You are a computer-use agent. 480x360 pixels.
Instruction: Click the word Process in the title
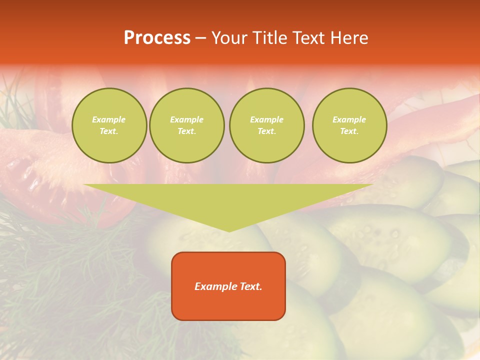click(157, 38)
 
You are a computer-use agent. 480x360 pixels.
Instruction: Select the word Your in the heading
click(230, 38)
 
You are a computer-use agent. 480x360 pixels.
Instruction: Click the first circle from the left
click(109, 125)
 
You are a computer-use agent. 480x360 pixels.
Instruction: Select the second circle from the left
click(186, 125)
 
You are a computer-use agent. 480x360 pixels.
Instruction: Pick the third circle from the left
click(266, 125)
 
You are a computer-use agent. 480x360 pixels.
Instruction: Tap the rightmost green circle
click(349, 125)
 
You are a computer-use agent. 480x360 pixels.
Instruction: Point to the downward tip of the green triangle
click(229, 230)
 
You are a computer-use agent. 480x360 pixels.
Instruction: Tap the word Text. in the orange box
click(250, 286)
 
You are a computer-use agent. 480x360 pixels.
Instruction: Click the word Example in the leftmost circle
click(109, 119)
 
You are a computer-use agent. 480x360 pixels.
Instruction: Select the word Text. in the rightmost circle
click(349, 131)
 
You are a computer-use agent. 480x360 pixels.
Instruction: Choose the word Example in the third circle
click(266, 119)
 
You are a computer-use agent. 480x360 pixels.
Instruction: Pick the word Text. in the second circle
click(186, 131)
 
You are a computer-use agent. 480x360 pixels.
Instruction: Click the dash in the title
click(201, 38)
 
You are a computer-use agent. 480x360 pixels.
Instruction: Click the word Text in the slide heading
click(308, 38)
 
